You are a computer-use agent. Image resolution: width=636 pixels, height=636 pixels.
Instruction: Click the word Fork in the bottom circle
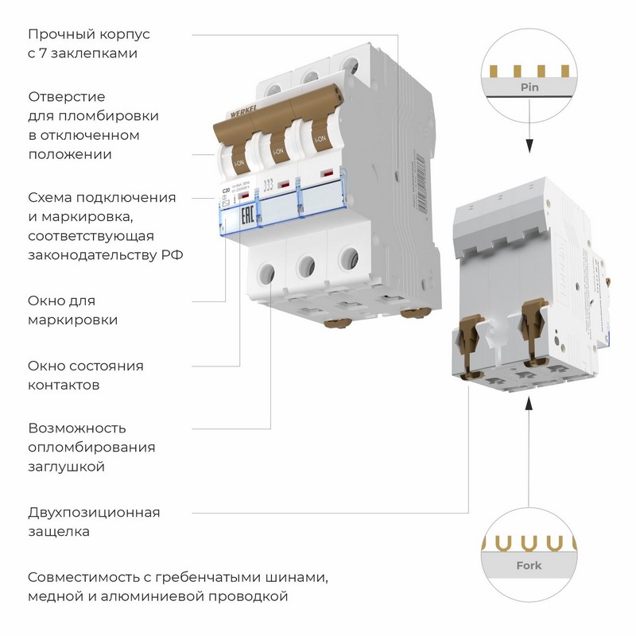pos(529,565)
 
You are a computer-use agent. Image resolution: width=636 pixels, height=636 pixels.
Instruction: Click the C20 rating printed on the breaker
pos(225,192)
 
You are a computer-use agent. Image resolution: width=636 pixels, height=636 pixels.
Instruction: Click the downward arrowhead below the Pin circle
pos(527,147)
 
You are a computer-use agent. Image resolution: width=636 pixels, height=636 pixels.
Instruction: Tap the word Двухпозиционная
pos(94,512)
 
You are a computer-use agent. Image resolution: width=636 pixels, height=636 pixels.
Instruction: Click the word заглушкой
pos(66,467)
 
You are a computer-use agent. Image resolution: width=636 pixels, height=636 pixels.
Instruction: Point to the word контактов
pos(64,385)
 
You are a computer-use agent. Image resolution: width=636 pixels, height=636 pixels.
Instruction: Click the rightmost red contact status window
pos(326,173)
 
